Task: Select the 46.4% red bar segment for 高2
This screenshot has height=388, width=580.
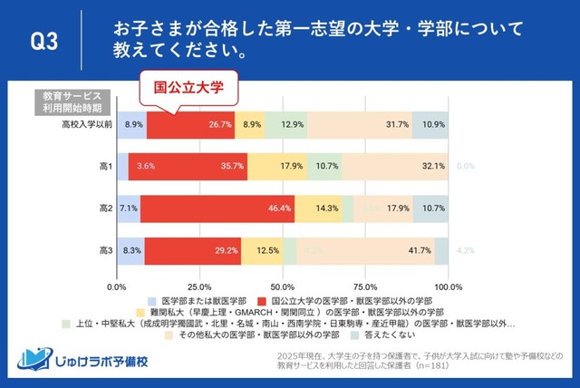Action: click(x=217, y=208)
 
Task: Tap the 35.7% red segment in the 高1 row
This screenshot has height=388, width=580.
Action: click(x=188, y=166)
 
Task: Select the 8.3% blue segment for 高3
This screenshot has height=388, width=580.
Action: click(x=130, y=249)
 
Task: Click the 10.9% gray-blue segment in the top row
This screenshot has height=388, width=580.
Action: click(x=431, y=124)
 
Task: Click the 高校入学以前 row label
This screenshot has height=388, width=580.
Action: click(x=82, y=124)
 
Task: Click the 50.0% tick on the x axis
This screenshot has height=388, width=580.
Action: click(x=284, y=286)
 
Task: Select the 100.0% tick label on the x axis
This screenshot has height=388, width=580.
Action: click(x=450, y=286)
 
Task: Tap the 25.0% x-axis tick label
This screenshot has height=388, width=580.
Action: click(x=200, y=286)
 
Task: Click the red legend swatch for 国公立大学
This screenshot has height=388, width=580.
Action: click(x=263, y=300)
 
